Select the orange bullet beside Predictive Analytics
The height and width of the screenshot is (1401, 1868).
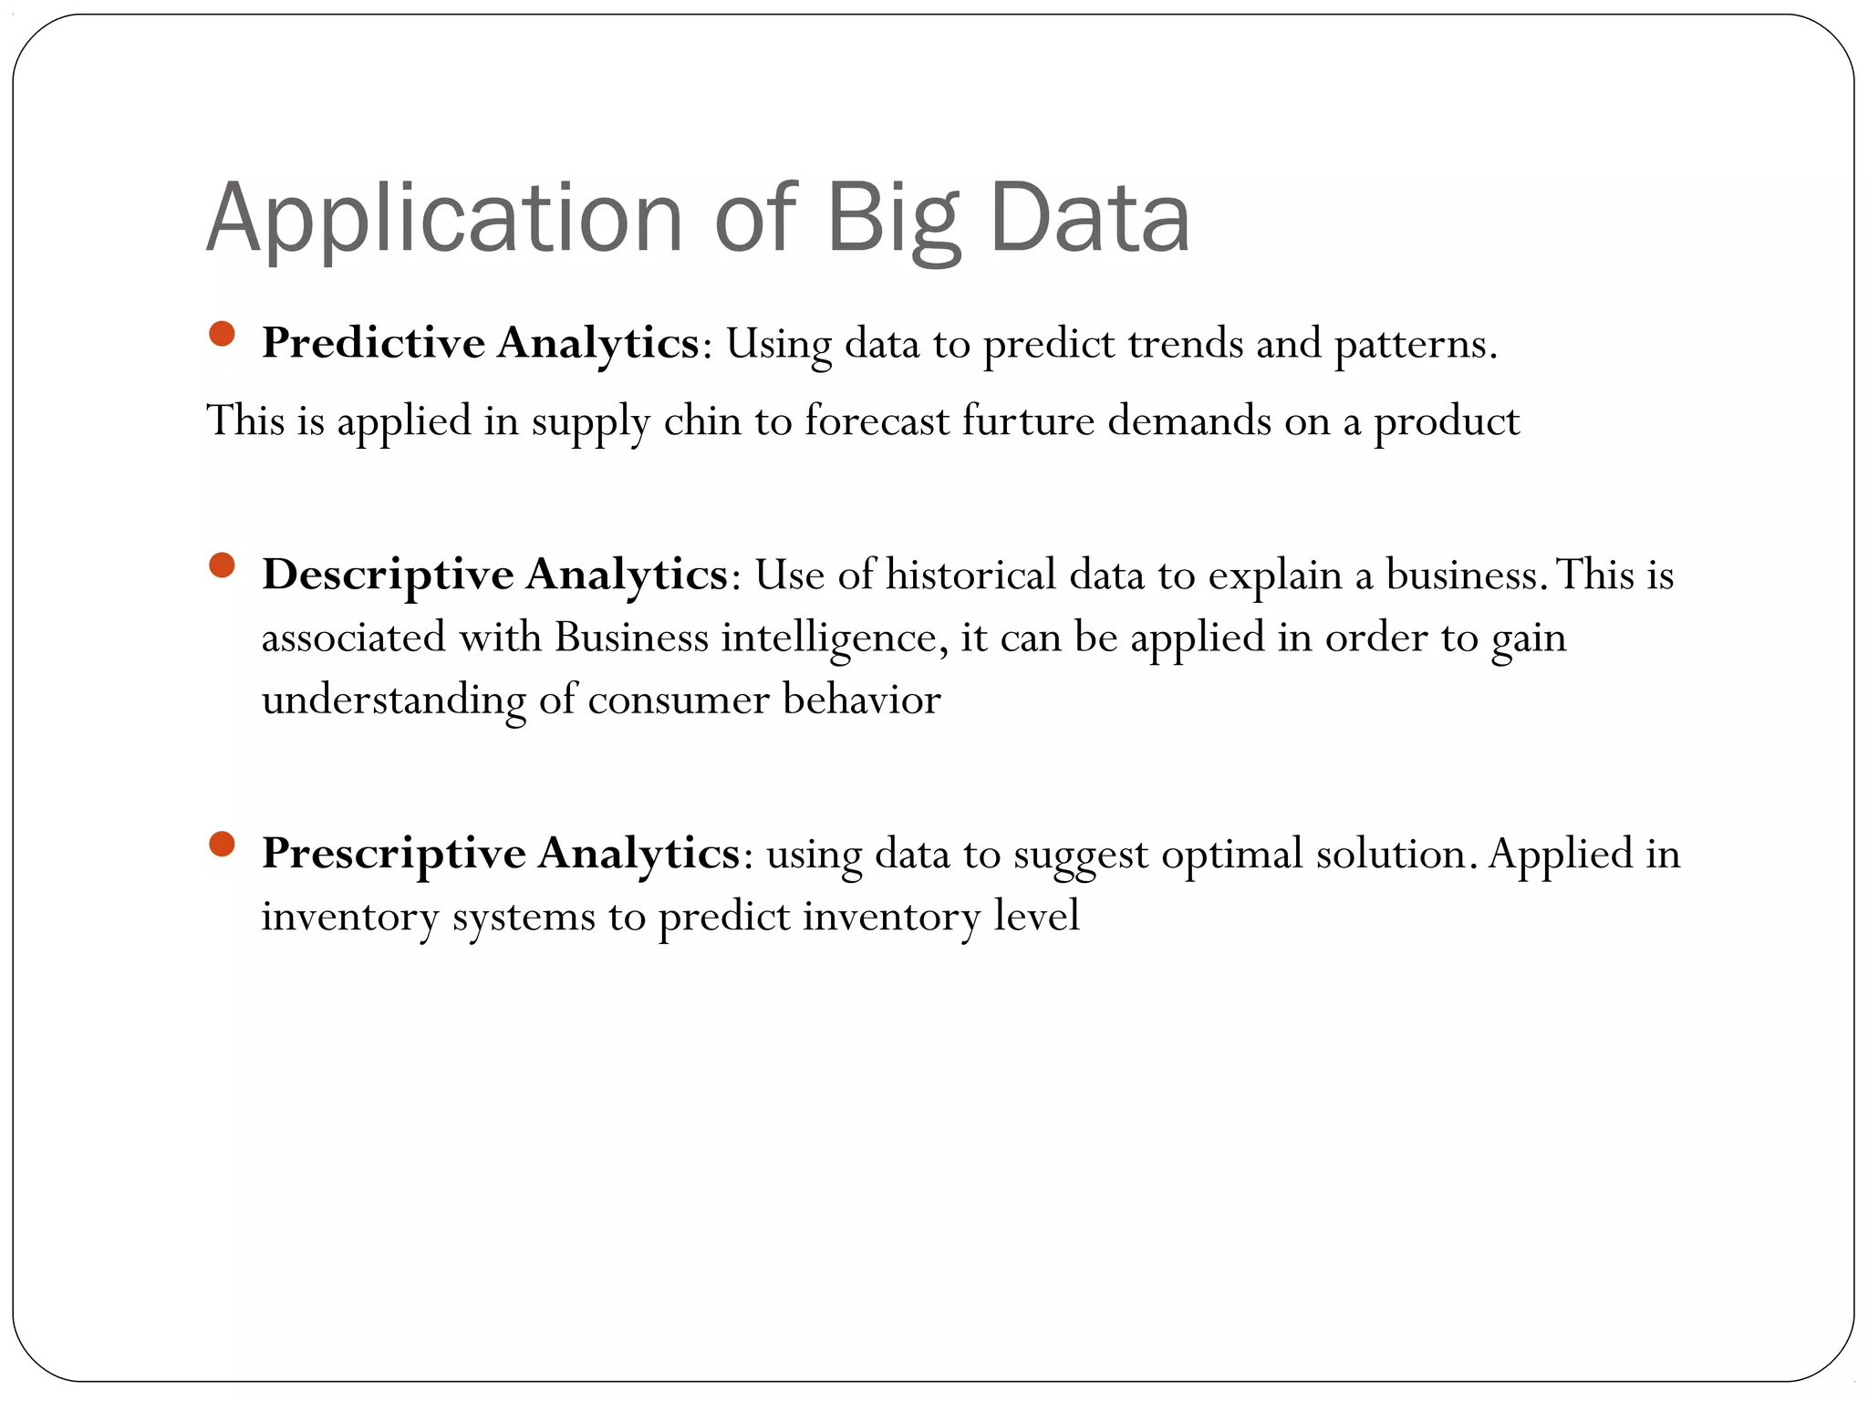tap(222, 334)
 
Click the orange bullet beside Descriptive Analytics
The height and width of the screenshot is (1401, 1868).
tap(222, 566)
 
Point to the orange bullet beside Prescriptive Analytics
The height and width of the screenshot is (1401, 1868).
tap(222, 844)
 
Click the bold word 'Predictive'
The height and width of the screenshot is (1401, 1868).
tap(373, 344)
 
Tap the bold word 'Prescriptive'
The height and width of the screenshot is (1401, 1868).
tap(393, 854)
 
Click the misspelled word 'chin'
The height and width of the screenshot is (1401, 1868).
tap(702, 421)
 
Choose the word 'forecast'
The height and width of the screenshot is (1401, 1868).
tap(877, 421)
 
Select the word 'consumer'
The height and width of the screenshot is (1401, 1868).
tap(679, 700)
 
